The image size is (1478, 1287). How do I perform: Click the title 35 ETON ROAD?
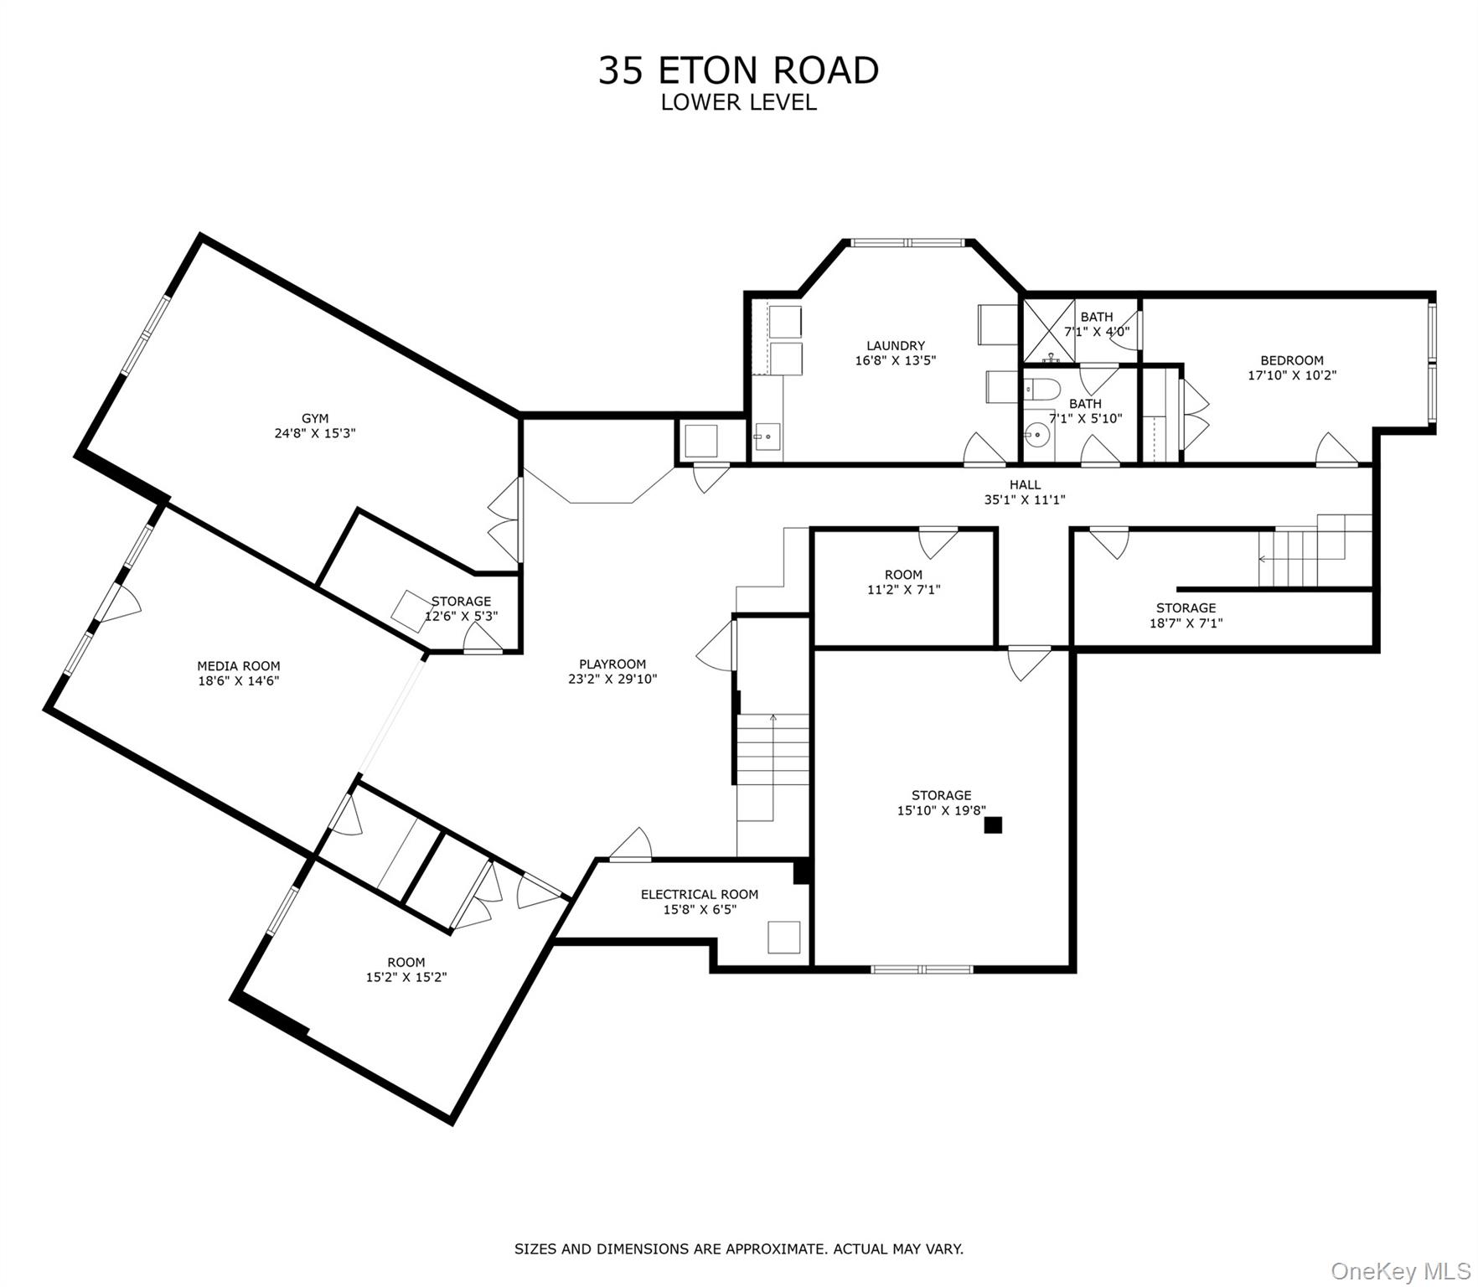[738, 70]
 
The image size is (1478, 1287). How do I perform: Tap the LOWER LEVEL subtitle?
[738, 103]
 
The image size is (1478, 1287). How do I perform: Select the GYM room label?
[315, 418]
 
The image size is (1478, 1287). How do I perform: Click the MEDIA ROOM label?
[239, 666]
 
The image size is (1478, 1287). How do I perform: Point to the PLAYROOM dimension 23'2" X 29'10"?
[612, 680]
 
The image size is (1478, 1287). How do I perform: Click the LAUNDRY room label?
[895, 345]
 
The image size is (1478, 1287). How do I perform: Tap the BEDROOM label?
[1291, 360]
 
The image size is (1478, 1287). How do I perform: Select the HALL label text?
[1025, 484]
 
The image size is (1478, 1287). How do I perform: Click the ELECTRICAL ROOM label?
[700, 894]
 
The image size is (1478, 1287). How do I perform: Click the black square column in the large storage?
[993, 825]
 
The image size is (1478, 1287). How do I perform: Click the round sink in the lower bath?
[1036, 435]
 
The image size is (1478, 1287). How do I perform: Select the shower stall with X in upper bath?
[1043, 330]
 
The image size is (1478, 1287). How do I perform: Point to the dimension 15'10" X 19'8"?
[941, 810]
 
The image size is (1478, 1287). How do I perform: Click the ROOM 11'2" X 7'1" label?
[903, 575]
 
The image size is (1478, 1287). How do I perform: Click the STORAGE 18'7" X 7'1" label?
[1186, 608]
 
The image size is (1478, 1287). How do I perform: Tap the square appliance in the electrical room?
[784, 937]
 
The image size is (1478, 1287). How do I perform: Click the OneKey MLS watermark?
[1400, 1270]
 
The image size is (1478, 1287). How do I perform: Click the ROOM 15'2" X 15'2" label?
[406, 962]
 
